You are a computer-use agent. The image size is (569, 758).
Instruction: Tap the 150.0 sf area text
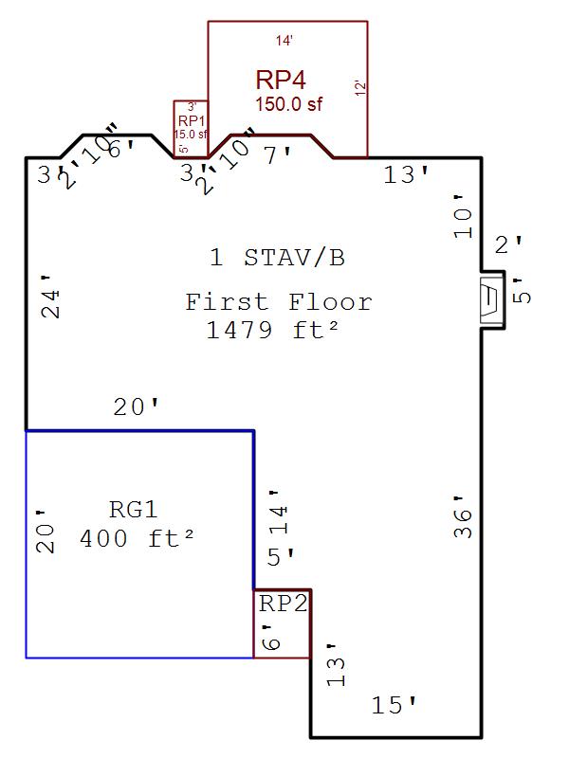(x=288, y=104)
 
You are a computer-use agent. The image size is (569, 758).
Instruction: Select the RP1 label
(x=191, y=121)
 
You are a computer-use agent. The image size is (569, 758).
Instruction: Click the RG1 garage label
(x=133, y=509)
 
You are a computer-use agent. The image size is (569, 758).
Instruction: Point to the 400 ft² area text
(x=137, y=539)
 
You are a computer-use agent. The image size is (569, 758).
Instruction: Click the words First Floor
(x=278, y=302)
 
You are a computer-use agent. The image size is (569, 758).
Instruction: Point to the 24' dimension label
(x=51, y=297)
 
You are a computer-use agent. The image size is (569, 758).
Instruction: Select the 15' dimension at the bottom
(x=394, y=705)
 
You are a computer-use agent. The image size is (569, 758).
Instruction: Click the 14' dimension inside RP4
(x=284, y=41)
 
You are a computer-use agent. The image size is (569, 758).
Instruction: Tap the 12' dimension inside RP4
(x=359, y=89)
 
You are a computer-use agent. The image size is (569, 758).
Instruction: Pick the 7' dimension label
(x=279, y=154)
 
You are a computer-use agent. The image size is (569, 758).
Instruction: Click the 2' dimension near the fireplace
(x=508, y=245)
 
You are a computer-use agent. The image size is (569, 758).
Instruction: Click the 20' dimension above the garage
(x=136, y=407)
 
